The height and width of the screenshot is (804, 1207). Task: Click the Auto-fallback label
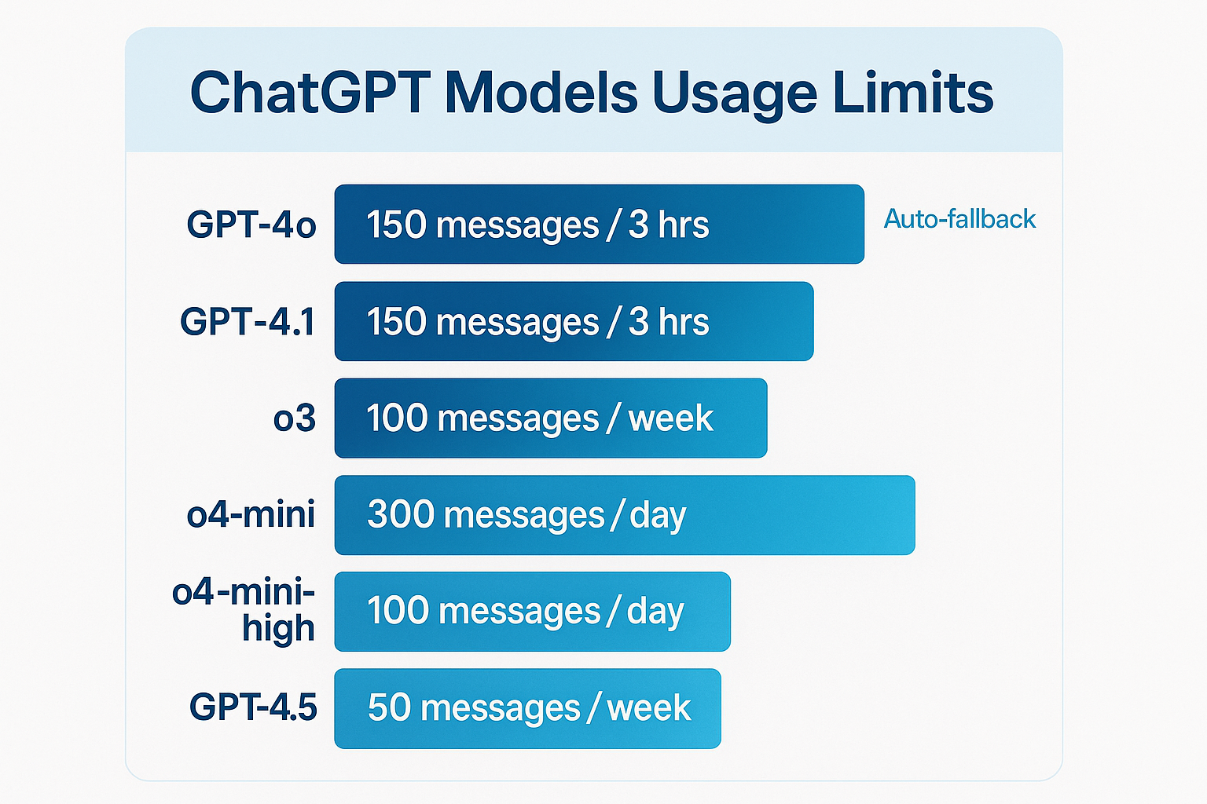point(959,218)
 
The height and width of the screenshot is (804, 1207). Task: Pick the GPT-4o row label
point(251,225)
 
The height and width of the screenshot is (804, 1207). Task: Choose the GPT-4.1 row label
point(248,322)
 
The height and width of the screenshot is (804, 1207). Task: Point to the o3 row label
point(294,418)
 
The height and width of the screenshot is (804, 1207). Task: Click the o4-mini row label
point(251,515)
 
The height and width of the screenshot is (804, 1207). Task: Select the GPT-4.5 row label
point(253,707)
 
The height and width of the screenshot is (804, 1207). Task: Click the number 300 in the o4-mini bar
point(400,515)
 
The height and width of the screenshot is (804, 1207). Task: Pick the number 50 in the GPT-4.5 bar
point(389,707)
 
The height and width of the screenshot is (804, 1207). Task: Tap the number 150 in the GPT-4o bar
point(396,225)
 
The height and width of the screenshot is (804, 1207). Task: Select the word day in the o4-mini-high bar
point(655,612)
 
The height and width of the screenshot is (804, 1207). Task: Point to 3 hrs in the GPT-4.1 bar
point(668,322)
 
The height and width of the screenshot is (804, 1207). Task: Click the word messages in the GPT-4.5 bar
point(500,709)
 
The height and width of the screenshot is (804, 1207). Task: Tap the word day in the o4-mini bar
point(658,517)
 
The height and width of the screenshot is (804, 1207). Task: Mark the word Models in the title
point(541,93)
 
